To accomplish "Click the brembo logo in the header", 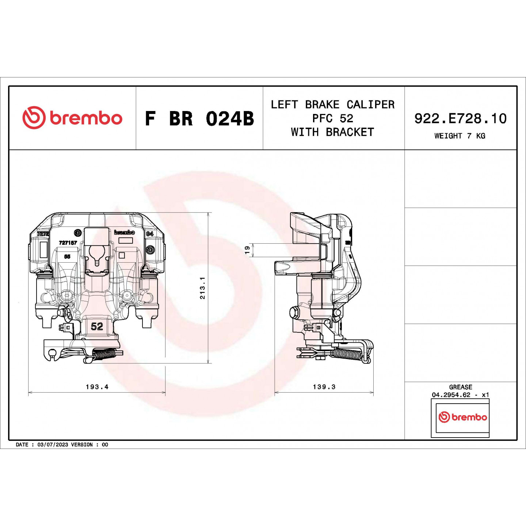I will click(72, 118).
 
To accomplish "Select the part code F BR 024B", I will click(199, 119).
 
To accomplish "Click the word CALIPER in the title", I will click(370, 104).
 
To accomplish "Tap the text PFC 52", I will click(332, 118).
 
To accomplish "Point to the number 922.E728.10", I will click(460, 118).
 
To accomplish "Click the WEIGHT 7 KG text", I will click(460, 136).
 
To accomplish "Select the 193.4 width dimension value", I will click(97, 387).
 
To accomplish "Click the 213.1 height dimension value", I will click(202, 288).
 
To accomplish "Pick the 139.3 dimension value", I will click(324, 387).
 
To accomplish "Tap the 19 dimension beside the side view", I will click(247, 250).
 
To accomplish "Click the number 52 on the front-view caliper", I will click(97, 326).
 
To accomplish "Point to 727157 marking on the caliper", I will click(68, 243).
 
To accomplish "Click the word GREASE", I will click(461, 387).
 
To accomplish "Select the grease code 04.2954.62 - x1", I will click(460, 395).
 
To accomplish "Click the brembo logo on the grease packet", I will click(462, 417).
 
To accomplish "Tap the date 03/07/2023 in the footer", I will click(53, 445).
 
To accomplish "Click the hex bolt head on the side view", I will click(294, 313).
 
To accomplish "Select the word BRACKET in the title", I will click(350, 132).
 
